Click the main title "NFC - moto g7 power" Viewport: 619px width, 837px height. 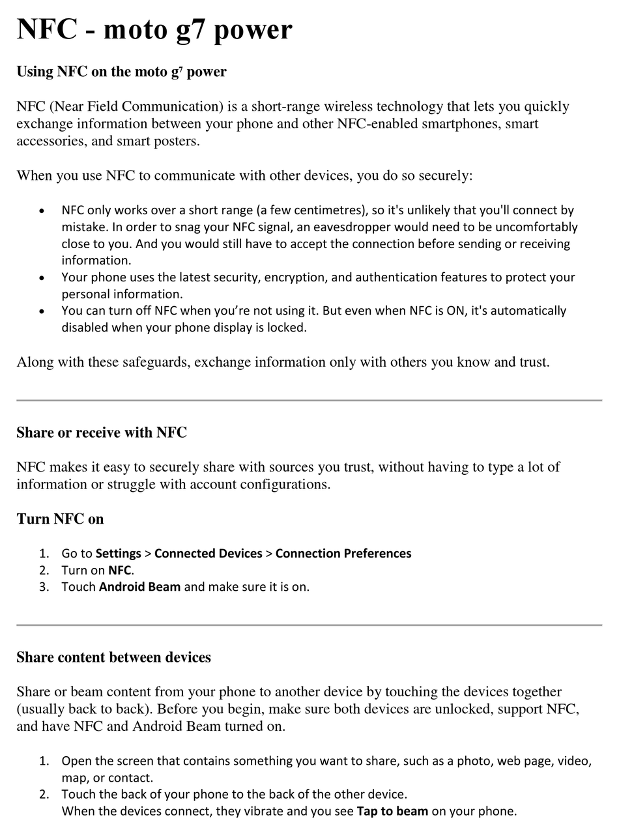[154, 29]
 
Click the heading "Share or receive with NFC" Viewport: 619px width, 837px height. [102, 433]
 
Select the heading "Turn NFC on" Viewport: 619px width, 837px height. [60, 519]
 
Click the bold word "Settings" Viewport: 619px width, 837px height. [118, 554]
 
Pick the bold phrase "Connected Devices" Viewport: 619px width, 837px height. [208, 554]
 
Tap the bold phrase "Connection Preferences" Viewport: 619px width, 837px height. [343, 554]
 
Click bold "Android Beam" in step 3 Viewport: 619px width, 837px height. [139, 587]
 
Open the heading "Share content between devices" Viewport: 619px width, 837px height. [113, 657]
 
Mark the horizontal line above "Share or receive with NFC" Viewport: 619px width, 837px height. [309, 401]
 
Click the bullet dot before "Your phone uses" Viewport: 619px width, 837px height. [42, 278]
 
